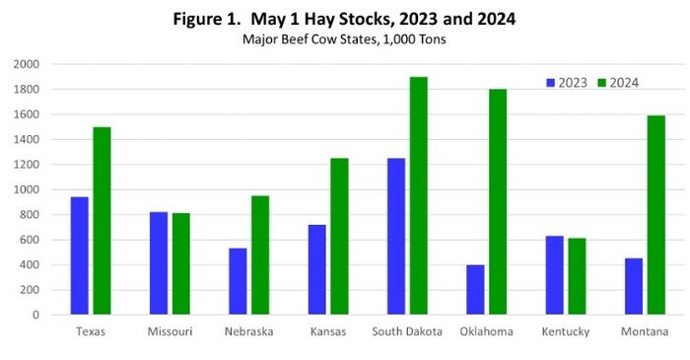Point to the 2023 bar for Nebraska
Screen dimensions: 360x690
click(238, 281)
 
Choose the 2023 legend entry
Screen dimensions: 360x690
click(567, 82)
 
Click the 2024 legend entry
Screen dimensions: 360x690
click(620, 82)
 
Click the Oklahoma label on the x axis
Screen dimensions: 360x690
click(486, 332)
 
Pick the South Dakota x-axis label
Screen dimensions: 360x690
click(406, 332)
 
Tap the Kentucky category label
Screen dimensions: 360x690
click(565, 332)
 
